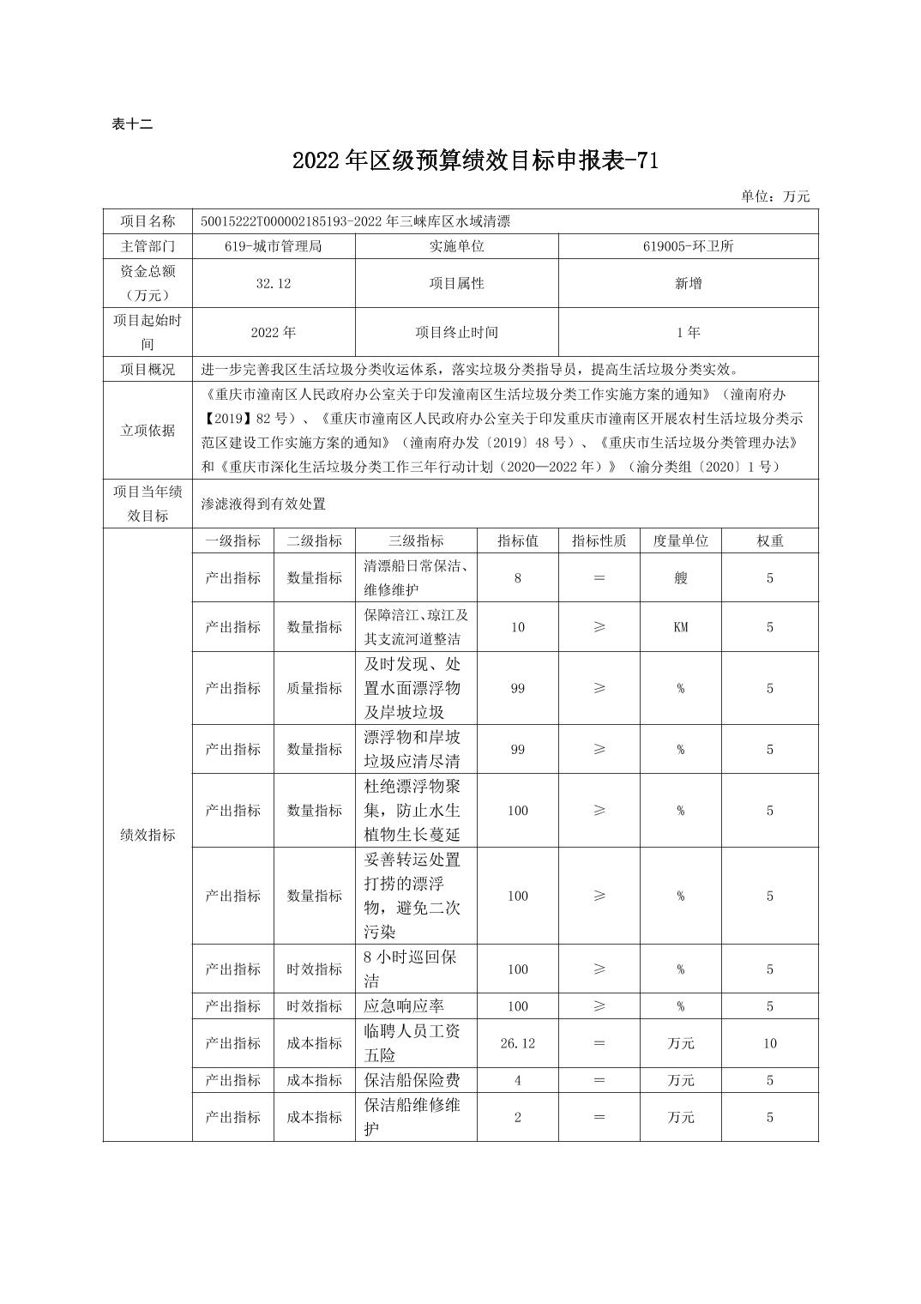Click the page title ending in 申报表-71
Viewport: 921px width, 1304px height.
pos(474,160)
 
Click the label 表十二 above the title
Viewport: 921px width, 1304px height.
pos(132,124)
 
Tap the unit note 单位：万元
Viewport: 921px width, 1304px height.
pos(775,196)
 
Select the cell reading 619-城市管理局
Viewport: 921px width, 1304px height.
pos(273,246)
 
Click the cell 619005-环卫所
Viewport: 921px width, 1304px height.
pos(688,246)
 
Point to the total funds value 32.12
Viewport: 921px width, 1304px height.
pos(273,283)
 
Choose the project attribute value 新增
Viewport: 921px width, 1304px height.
pos(688,283)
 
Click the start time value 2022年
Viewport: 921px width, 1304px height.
pos(273,332)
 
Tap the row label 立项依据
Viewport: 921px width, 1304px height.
pos(147,431)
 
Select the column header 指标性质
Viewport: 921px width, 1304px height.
pos(599,540)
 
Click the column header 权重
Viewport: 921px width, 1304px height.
pos(769,540)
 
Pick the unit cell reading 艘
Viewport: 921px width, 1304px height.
pos(680,578)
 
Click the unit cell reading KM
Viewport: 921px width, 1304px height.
pos(680,627)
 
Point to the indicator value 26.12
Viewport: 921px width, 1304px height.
pos(517,1043)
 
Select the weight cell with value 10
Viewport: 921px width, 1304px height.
pos(769,1043)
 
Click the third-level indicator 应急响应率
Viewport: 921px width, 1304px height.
pos(405,1006)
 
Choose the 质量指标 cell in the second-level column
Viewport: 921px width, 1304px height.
pos(314,688)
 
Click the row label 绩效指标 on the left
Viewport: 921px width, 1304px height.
pos(147,835)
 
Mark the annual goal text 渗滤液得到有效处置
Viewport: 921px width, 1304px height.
pos(263,504)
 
